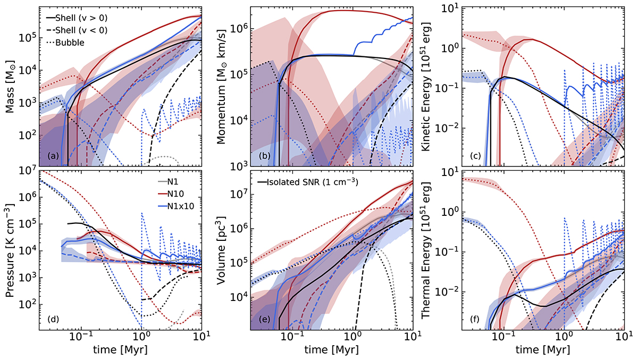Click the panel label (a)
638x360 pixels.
coord(52,156)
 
